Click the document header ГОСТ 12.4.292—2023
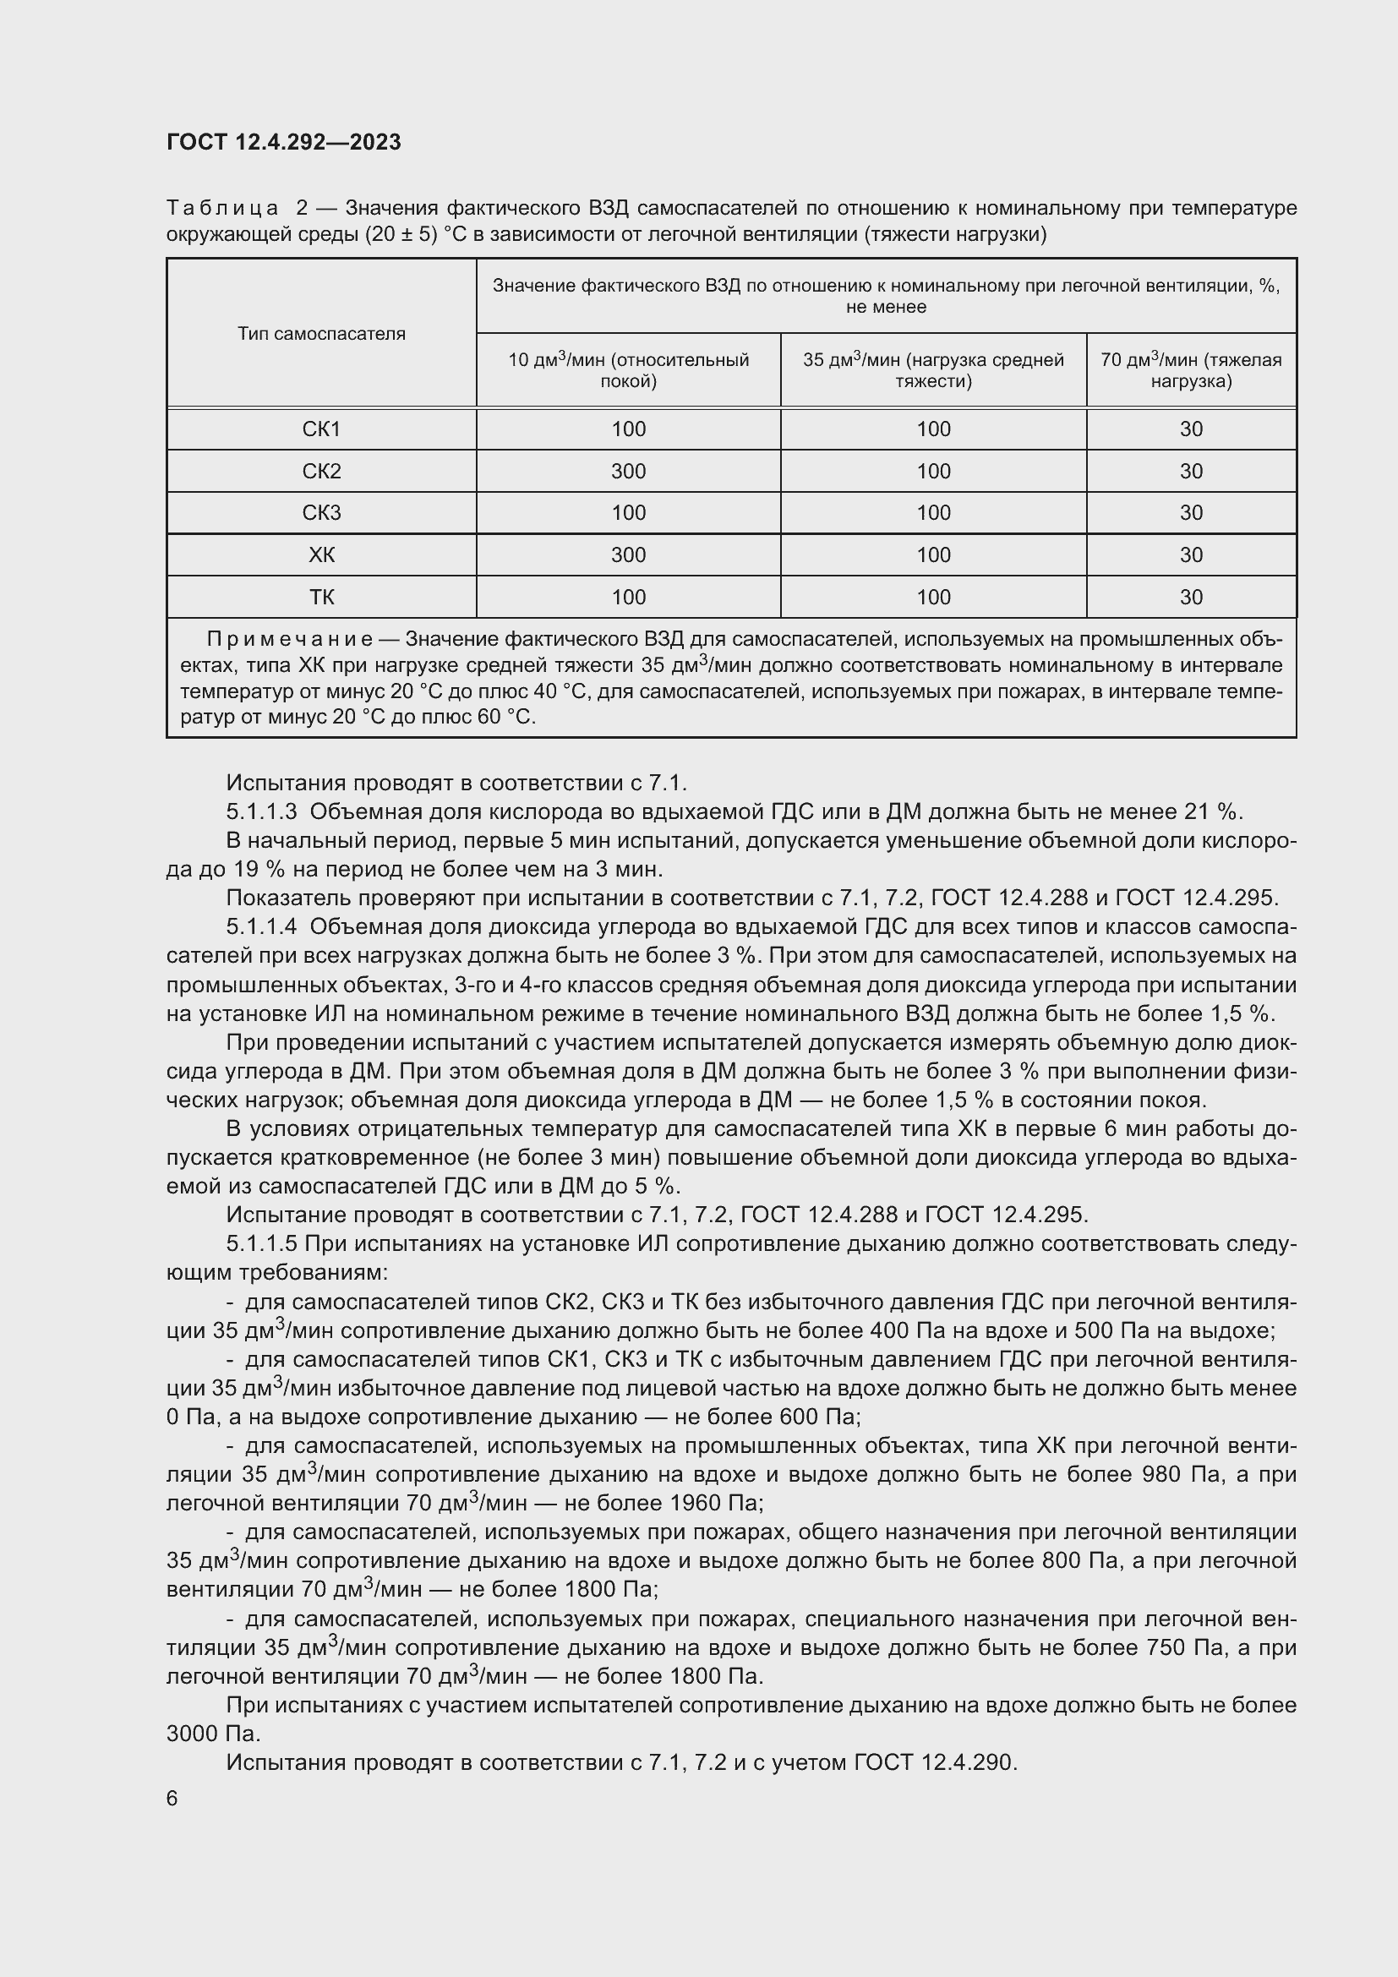coord(283,142)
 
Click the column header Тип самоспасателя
coord(321,334)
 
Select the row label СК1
coord(321,429)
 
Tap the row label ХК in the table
coord(321,555)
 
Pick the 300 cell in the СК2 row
coord(628,472)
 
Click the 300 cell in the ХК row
coord(628,555)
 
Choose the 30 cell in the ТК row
coord(1191,598)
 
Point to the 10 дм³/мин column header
coord(628,370)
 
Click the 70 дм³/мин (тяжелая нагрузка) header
coord(1191,370)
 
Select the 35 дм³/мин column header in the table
coord(933,370)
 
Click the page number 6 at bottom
coord(172,1799)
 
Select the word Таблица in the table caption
coord(222,209)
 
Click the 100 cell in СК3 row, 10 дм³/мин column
coord(628,513)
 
